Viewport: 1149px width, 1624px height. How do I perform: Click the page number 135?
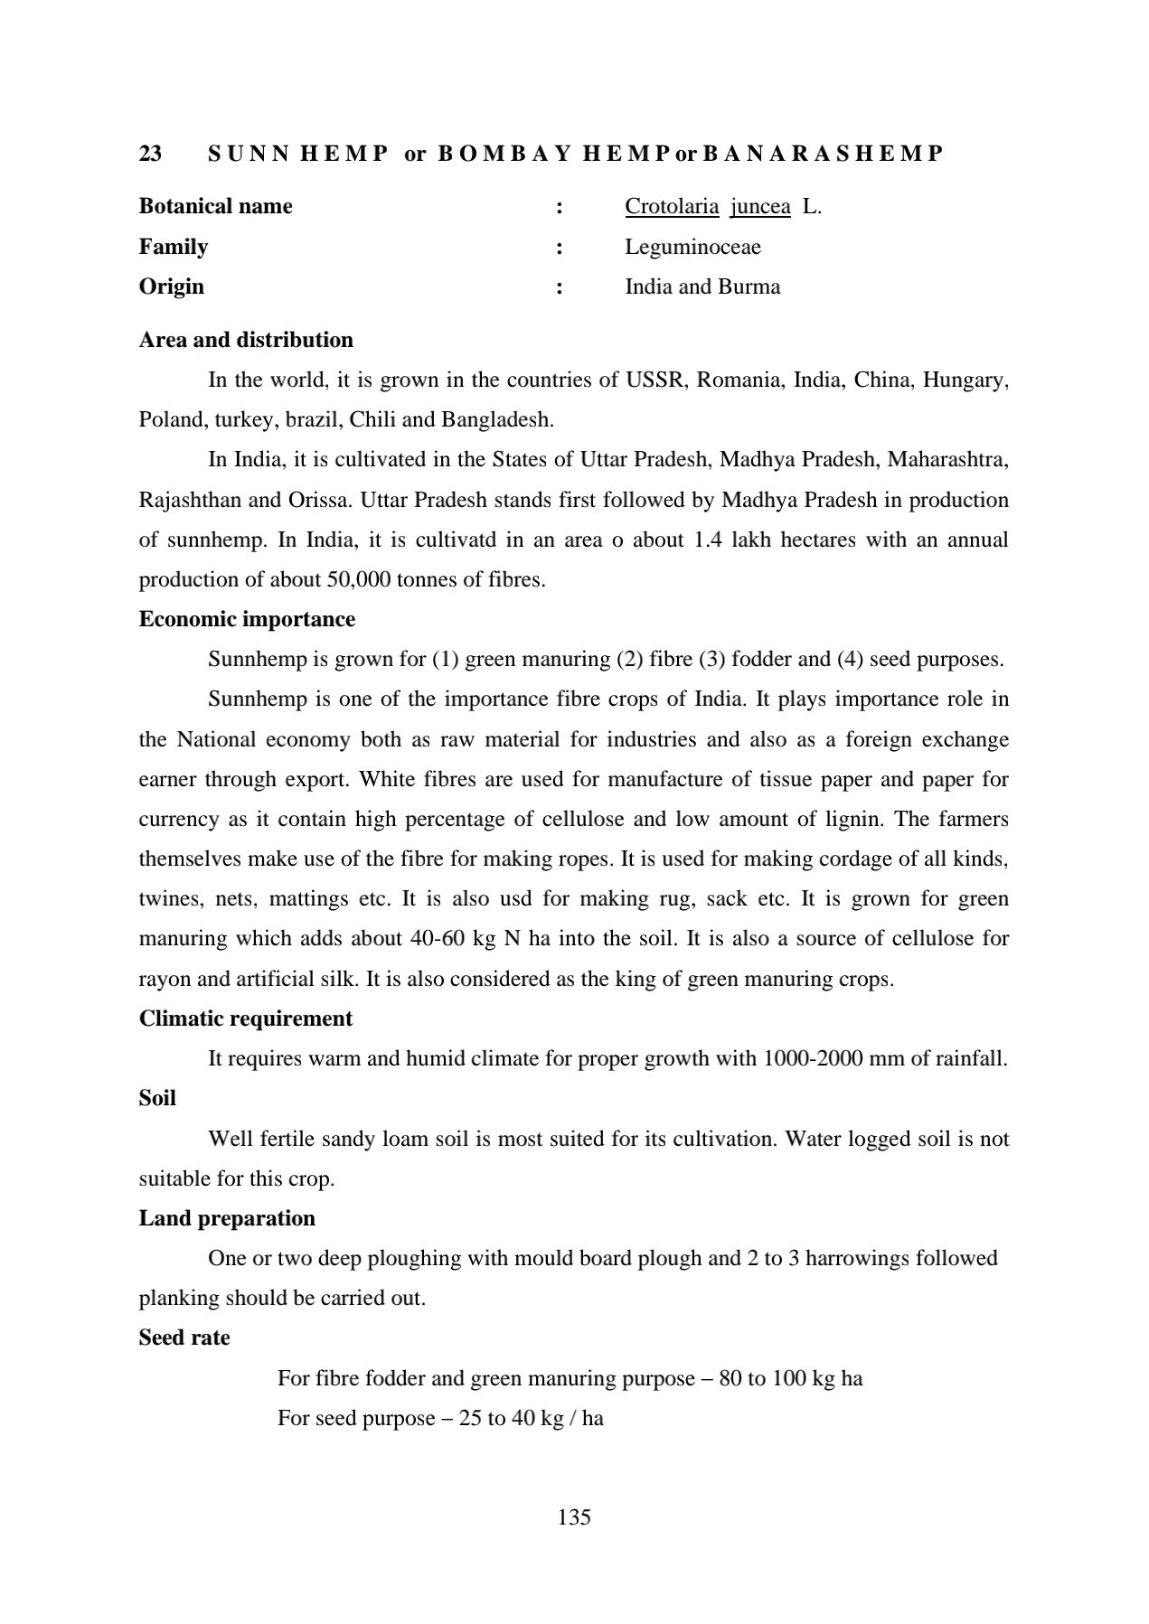(574, 1517)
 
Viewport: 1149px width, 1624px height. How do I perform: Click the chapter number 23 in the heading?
(150, 154)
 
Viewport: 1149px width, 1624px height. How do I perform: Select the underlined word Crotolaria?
(672, 207)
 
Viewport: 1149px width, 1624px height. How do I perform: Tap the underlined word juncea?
(760, 207)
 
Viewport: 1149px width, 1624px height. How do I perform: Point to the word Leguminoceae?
(692, 247)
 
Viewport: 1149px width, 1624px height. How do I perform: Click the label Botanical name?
(215, 207)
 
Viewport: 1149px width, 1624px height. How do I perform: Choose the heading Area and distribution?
(246, 341)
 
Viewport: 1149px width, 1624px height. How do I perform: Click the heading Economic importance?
(247, 620)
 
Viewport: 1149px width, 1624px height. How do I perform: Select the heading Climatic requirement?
(245, 1019)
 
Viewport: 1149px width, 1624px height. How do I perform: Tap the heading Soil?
(157, 1099)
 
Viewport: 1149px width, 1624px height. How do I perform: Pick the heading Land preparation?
(227, 1219)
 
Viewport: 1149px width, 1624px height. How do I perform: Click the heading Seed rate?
(184, 1338)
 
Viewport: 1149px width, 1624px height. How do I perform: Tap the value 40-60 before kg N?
(438, 939)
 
